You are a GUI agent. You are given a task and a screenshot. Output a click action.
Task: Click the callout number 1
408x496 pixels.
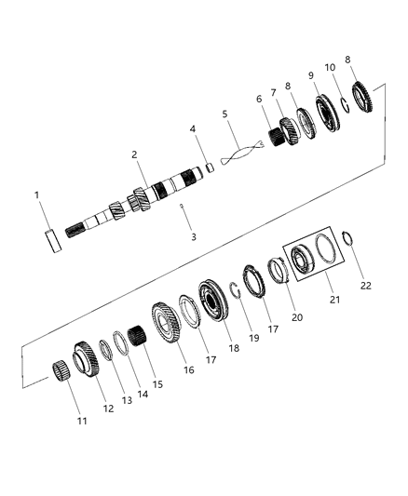pyautogui.click(x=37, y=196)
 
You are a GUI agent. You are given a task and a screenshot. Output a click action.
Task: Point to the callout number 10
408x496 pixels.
pyautogui.click(x=329, y=67)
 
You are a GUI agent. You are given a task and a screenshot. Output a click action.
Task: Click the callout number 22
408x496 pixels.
pyautogui.click(x=366, y=286)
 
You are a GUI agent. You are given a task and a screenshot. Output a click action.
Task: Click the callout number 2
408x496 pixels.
pyautogui.click(x=134, y=155)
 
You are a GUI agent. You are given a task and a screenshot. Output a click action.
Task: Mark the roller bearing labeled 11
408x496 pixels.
pyautogui.click(x=64, y=369)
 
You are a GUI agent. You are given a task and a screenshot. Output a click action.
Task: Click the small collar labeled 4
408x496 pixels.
pyautogui.click(x=210, y=168)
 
